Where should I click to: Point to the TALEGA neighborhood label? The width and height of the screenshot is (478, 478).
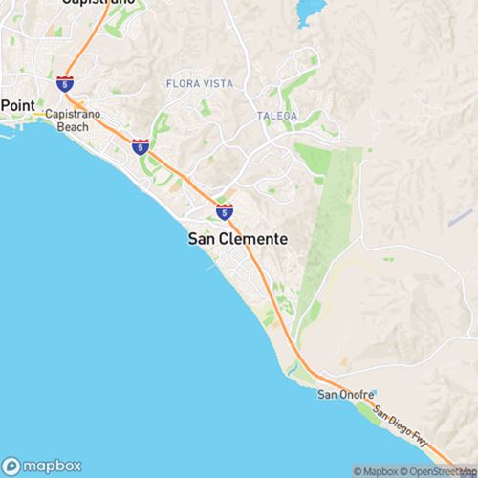(x=278, y=116)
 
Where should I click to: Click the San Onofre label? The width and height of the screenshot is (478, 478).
(x=339, y=394)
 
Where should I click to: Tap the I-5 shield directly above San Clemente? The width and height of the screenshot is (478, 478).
(x=224, y=210)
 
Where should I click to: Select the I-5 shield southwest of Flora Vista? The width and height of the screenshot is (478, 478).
(x=140, y=147)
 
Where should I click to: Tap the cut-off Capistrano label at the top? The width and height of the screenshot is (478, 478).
(x=95, y=3)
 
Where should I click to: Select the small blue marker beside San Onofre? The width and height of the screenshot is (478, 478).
(x=375, y=393)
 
